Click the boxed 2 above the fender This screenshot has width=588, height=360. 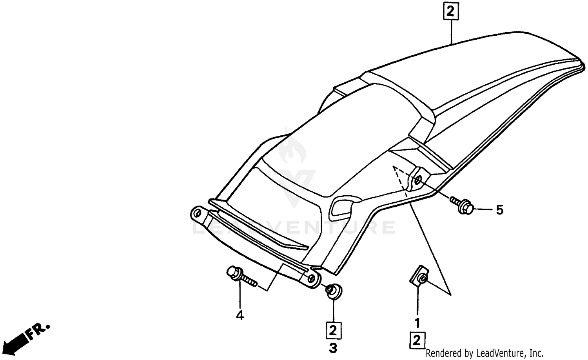(451, 12)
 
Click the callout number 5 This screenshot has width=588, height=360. (499, 210)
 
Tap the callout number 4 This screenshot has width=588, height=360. (240, 315)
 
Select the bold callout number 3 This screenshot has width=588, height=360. (333, 347)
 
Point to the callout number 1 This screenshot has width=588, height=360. (417, 323)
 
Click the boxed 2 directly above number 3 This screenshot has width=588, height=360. (333, 330)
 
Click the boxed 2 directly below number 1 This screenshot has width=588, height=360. (417, 340)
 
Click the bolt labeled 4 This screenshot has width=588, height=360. (239, 276)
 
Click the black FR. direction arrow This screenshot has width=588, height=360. (16, 340)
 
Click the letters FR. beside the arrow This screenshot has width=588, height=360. (38, 330)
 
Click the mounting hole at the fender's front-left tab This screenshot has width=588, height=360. (196, 214)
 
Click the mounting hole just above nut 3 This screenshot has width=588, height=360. (312, 279)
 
